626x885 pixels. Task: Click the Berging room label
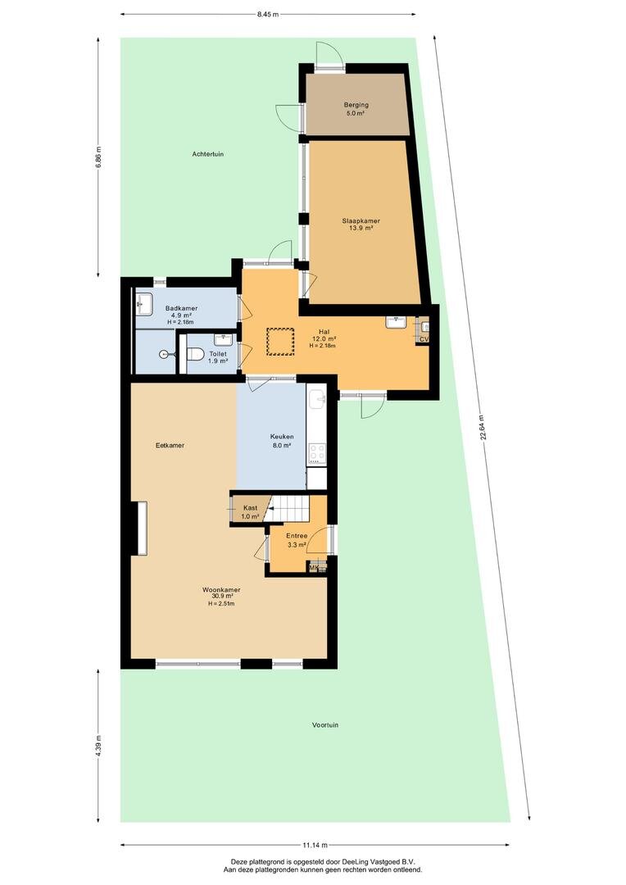(356, 104)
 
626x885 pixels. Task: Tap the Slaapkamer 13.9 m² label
(361, 224)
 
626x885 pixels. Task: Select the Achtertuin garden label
(208, 153)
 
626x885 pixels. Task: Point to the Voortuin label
(325, 724)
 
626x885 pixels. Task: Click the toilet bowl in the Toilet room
(195, 354)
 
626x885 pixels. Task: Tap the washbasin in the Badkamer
(144, 304)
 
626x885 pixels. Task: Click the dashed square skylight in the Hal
(280, 342)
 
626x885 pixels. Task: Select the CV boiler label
(424, 339)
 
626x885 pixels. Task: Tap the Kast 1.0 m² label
(250, 512)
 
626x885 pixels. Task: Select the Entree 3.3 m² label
(297, 540)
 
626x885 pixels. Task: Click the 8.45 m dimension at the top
(268, 15)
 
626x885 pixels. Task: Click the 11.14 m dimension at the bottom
(315, 845)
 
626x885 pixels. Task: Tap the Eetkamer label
(170, 445)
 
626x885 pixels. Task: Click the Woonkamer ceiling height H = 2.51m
(221, 603)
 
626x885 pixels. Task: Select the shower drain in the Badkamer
(164, 355)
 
